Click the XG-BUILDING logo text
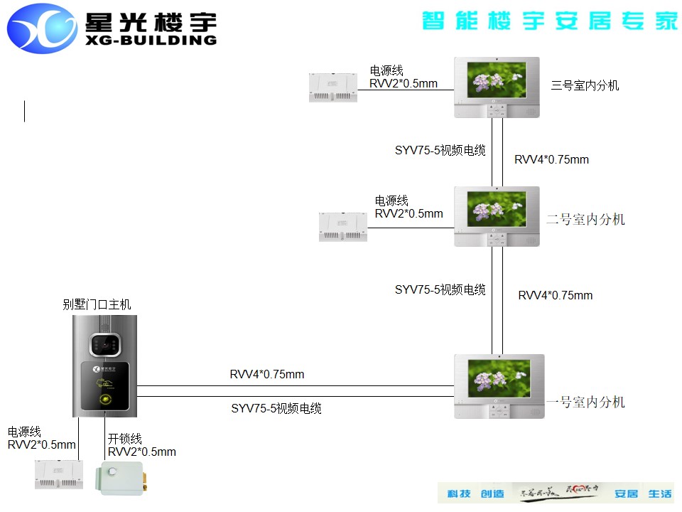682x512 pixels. pos(150,41)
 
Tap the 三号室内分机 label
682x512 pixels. pos(585,85)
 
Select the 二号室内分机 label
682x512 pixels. pos(585,220)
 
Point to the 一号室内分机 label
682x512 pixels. pos(585,402)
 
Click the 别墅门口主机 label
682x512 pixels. pos(97,305)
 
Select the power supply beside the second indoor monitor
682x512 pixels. pos(342,225)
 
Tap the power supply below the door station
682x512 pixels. pos(59,474)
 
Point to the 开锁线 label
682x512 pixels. pos(125,439)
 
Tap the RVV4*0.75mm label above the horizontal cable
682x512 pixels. pos(266,375)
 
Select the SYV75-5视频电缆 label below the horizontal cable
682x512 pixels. pos(276,409)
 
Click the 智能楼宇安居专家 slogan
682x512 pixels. pos(550,21)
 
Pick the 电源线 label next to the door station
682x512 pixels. pos(25,432)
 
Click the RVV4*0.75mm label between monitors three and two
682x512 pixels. pos(551,160)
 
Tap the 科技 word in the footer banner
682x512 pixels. pos(459,494)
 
